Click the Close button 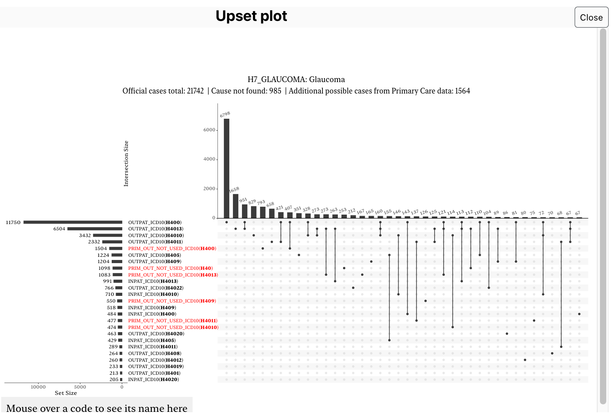pos(591,17)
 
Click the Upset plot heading pos(251,16)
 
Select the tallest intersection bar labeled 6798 pos(227,168)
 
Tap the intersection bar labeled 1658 pos(236,206)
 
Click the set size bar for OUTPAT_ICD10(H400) pos(73,222)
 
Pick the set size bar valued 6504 pos(95,229)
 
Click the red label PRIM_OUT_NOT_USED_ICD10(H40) pos(170,268)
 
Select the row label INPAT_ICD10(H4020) pos(154,379)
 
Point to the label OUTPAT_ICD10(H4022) pos(156,288)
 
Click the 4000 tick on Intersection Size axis pos(209,159)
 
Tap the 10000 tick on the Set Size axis pos(38,387)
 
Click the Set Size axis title pos(66,393)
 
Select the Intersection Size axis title pos(126,163)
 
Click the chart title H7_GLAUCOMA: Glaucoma pos(296,79)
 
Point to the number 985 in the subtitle pos(275,91)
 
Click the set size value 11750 pos(13,222)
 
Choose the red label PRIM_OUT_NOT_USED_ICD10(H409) pos(172,301)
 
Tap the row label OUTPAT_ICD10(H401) pos(154,373)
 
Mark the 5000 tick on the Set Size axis pos(80,387)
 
